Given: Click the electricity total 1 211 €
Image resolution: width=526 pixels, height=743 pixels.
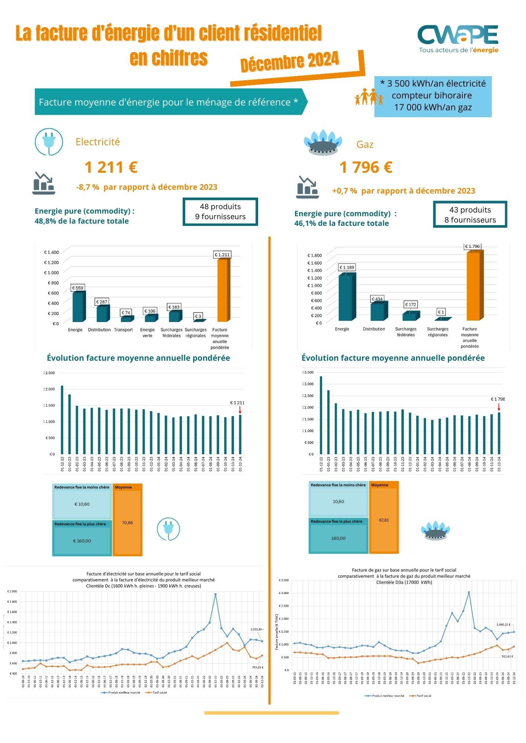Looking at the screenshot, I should click(111, 167).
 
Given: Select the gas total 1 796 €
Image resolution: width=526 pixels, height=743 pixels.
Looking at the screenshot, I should click(366, 167).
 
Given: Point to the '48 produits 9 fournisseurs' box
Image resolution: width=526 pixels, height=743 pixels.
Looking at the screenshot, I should click(220, 212).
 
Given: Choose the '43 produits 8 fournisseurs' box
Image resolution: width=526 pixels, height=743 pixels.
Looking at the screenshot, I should click(470, 215).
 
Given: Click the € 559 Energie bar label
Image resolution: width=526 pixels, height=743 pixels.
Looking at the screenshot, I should click(78, 288).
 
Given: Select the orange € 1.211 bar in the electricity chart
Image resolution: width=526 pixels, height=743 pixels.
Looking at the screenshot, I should click(222, 290).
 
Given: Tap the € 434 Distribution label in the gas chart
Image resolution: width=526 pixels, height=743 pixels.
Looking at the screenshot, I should click(377, 299).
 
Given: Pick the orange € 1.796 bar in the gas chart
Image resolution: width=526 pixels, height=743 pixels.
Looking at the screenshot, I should click(473, 286).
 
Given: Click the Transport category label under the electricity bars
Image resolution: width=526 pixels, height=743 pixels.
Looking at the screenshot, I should click(124, 330).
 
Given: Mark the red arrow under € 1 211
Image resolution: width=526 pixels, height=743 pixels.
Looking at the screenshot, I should click(240, 410).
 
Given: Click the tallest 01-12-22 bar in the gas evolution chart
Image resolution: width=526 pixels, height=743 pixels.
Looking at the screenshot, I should click(321, 415).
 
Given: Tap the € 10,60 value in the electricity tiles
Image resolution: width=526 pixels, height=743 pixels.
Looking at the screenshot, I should click(82, 504).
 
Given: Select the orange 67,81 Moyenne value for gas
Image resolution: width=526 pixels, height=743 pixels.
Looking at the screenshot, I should click(384, 520).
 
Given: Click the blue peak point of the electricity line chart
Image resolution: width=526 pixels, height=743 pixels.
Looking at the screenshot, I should click(215, 594).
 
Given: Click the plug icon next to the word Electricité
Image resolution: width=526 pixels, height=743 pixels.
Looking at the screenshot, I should click(49, 142).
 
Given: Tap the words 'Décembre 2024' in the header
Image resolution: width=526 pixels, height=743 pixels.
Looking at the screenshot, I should click(290, 62).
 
